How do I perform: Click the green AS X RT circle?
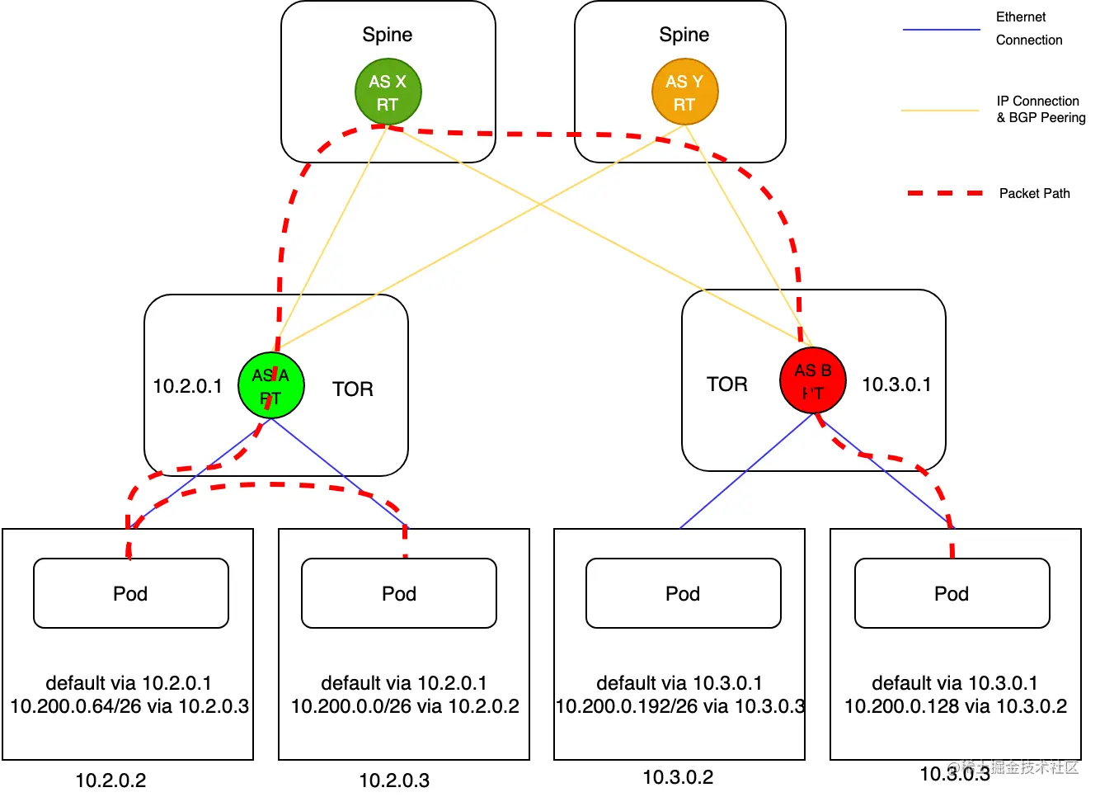388,92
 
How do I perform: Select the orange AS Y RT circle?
684,92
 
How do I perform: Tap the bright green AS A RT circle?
271,385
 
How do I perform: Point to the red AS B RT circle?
813,380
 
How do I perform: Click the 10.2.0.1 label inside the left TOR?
187,386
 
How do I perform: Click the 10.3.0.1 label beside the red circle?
896,384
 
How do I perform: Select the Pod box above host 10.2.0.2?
130,593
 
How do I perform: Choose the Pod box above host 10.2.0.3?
399,593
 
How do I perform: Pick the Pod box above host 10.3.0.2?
683,593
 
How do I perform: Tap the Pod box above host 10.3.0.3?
952,593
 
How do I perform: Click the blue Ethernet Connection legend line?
941,30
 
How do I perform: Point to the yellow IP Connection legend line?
940,110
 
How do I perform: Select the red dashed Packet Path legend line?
945,193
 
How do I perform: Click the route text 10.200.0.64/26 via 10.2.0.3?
129,706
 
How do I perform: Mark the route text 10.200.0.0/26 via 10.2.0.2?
405,706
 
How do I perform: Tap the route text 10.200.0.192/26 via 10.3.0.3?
680,706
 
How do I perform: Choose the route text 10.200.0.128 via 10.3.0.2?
956,706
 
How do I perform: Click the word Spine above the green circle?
388,35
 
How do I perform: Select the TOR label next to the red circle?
727,384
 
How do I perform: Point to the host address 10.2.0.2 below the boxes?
110,780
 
